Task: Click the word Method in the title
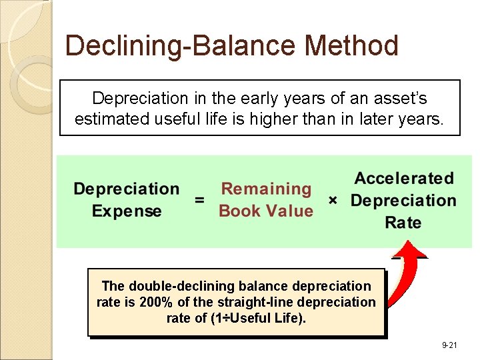point(351,46)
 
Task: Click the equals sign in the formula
point(199,199)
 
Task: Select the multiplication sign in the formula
point(333,200)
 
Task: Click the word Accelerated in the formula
point(403,178)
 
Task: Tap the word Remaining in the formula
point(266,189)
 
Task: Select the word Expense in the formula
point(127,211)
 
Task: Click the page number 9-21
point(451,345)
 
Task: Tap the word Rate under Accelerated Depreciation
point(403,222)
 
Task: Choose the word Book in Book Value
point(240,211)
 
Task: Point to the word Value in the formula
point(290,211)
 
